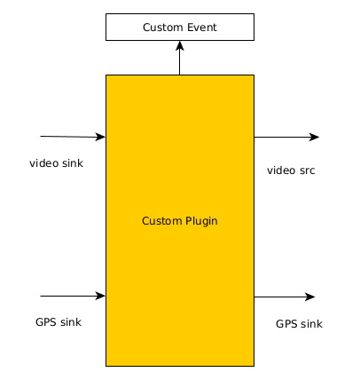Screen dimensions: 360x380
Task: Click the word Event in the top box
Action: [203, 28]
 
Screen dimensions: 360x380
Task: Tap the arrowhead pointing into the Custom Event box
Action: [180, 45]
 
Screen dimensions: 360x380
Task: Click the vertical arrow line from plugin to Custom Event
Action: [180, 58]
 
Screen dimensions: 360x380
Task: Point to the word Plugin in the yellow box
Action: [201, 221]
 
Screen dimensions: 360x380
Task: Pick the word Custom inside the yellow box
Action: [161, 221]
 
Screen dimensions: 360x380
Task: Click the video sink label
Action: [56, 163]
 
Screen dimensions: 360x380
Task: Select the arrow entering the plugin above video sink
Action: [73, 137]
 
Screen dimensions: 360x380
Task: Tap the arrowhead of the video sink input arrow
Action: [100, 137]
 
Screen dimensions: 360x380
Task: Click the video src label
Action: [291, 170]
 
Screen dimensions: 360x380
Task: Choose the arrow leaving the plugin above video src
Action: [286, 137]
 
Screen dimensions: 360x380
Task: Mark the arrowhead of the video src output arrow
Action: [315, 137]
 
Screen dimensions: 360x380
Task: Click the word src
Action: [307, 170]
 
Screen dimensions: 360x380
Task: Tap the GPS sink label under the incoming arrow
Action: [59, 322]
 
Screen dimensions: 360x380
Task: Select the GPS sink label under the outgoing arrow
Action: [299, 324]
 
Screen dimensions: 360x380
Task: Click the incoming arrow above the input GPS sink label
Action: [73, 296]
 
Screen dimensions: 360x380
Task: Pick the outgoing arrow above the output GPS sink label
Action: [285, 297]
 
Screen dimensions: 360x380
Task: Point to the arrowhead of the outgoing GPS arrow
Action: [310, 297]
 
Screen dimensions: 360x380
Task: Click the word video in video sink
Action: [42, 163]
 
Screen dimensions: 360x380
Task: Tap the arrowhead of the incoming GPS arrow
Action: [100, 296]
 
